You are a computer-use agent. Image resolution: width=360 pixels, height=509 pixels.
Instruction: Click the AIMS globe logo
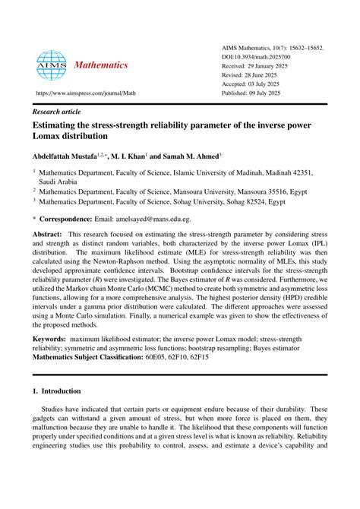[x=52, y=65]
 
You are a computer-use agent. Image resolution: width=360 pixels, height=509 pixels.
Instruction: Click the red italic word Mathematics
[x=101, y=65]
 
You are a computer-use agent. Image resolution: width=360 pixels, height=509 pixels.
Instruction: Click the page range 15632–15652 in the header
[x=300, y=47]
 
